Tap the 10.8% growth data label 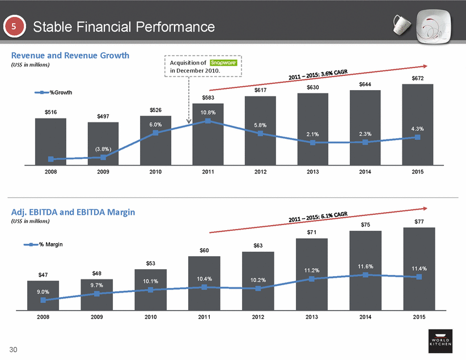[208, 112]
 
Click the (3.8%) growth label [103, 149]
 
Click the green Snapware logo [219, 62]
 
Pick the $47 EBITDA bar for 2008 [43, 296]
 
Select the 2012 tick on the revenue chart [260, 172]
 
